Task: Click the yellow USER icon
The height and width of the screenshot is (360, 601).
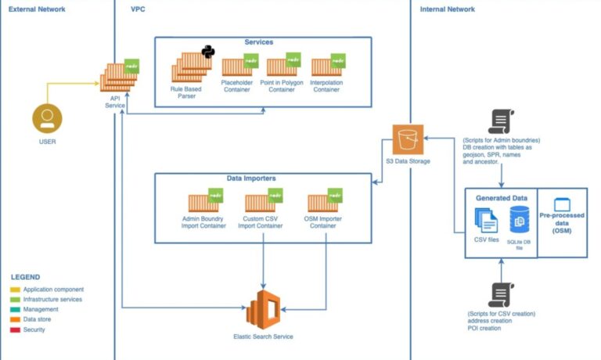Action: (x=47, y=119)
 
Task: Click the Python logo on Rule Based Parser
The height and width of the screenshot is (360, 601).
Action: (x=208, y=52)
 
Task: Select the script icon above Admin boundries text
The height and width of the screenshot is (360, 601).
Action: (x=499, y=121)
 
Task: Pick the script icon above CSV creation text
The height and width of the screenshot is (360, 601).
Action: (x=499, y=293)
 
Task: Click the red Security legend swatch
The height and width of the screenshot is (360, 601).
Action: (x=16, y=329)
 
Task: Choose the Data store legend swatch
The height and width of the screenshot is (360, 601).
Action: (x=16, y=319)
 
